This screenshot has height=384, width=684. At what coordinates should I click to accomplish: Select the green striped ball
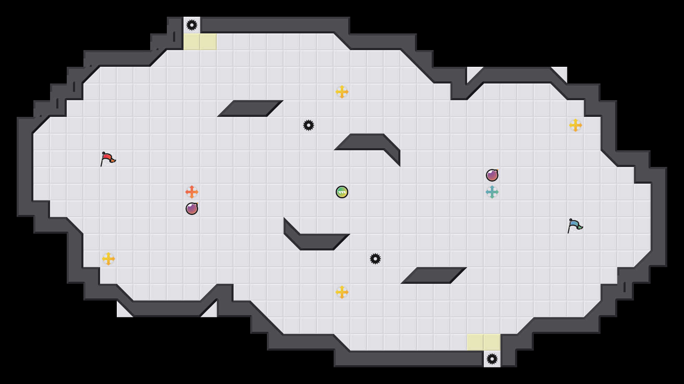(x=342, y=192)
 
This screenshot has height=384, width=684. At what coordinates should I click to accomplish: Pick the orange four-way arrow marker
(x=192, y=192)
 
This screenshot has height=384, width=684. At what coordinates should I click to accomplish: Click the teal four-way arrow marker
(x=492, y=192)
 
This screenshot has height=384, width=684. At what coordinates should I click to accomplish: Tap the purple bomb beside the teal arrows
(x=492, y=175)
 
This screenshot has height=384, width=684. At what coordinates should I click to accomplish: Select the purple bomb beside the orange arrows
(x=192, y=209)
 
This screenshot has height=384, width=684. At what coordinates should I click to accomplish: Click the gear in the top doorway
(x=192, y=25)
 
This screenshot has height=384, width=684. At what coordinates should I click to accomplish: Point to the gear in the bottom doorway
(x=492, y=359)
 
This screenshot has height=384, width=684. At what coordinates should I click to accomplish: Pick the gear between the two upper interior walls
(x=309, y=125)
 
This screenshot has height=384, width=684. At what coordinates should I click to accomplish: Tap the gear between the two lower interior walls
(x=375, y=259)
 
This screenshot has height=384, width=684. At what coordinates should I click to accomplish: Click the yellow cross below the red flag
(x=108, y=259)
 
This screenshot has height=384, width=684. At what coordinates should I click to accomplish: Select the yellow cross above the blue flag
(x=576, y=125)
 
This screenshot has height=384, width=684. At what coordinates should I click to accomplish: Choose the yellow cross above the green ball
(x=342, y=92)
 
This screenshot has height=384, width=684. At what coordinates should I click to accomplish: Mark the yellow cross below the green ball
(x=342, y=292)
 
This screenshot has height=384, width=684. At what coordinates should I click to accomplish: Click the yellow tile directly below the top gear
(x=192, y=42)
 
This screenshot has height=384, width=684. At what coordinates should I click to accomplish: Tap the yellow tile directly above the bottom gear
(x=492, y=342)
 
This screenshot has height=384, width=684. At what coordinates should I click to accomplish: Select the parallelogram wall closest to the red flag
(x=250, y=109)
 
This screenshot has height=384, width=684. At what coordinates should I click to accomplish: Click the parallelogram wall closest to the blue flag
(x=434, y=275)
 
